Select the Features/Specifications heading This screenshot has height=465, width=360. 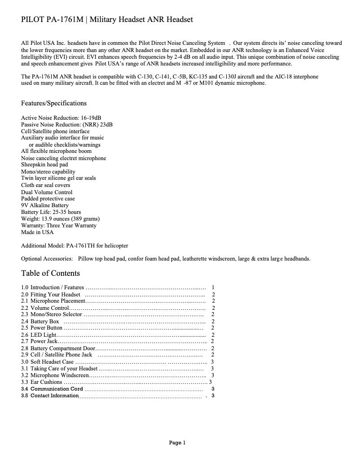pos(54,103)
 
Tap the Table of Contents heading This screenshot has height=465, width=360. pos(50,273)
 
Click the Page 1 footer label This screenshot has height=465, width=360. pos(177,443)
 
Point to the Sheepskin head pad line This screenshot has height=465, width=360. pos(44,165)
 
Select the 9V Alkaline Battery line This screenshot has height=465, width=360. pos(45,205)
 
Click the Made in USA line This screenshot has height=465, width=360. pos(37,232)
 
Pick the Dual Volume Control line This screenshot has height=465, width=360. pos(47,192)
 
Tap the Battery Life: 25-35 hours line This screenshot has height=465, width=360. pos(51,212)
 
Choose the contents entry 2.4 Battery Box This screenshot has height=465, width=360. pos(40,321)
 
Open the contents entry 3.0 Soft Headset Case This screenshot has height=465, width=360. pos(48,361)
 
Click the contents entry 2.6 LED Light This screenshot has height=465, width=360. pos(39,335)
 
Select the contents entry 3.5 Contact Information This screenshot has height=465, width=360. pos(50,395)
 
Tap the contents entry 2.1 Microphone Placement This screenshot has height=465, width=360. pos(53,301)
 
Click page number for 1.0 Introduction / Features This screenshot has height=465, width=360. pos(213,287)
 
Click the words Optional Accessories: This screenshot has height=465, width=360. pos(47,259)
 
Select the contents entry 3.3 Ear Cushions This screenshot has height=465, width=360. pos(42,382)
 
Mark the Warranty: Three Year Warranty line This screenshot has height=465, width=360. pos(59,226)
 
